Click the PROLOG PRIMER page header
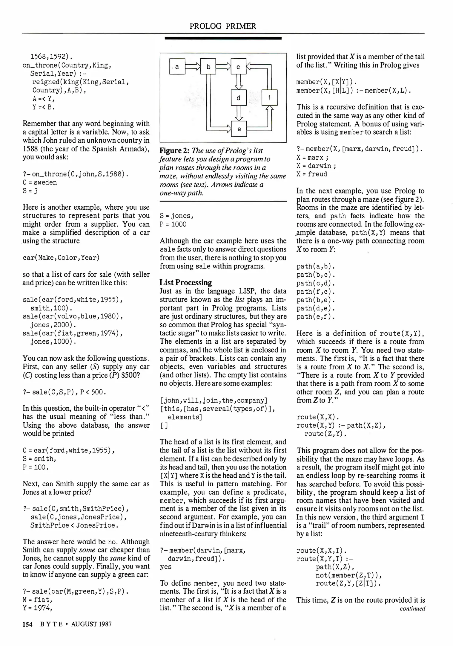pyautogui.click(x=223, y=26)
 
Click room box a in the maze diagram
pyautogui.click(x=177, y=67)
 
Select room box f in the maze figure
pyautogui.click(x=269, y=97)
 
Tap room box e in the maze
pyautogui.click(x=239, y=129)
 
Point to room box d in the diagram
pyautogui.click(x=239, y=97)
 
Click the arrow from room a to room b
pyautogui.click(x=193, y=67)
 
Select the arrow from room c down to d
pyautogui.click(x=239, y=82)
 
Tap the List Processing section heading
pyautogui.click(x=185, y=282)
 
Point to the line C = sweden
pyautogui.click(x=40, y=182)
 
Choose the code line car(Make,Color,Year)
pyautogui.click(x=61, y=258)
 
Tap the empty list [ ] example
pyautogui.click(x=164, y=425)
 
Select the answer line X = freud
pyautogui.click(x=311, y=174)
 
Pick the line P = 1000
pyautogui.click(x=173, y=224)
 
